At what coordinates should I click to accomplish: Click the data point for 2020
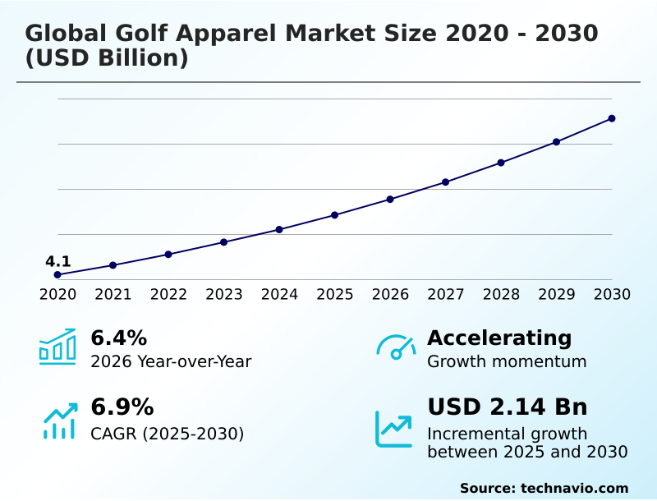57,274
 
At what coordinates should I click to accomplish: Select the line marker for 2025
334,215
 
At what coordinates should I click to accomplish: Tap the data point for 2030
612,118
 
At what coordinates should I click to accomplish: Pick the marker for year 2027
445,182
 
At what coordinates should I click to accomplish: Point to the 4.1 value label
57,261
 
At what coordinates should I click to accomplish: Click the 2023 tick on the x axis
223,294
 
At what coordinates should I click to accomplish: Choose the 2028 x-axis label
501,294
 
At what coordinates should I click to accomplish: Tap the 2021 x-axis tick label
113,294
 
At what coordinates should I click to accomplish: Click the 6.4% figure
118,338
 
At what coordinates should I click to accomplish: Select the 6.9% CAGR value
122,407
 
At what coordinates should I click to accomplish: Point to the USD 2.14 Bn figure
507,407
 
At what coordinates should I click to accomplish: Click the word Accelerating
499,338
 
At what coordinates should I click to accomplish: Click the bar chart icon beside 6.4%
57,347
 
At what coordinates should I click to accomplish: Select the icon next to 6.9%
59,421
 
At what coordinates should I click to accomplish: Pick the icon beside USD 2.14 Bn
394,429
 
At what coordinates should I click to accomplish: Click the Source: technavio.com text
544,488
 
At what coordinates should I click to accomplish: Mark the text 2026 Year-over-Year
171,361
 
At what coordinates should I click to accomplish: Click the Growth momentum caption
507,361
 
